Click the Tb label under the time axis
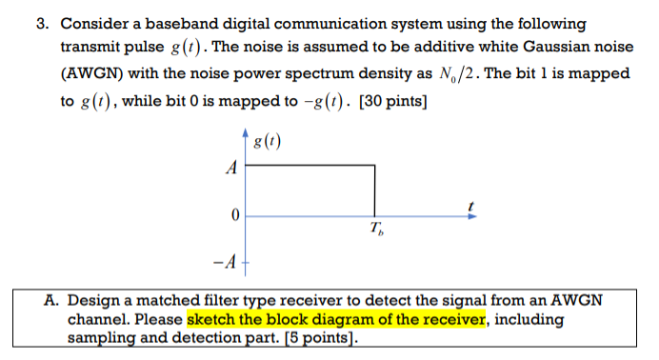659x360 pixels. pyautogui.click(x=378, y=230)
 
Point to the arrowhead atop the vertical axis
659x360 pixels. pyautogui.click(x=248, y=133)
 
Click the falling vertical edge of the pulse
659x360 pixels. pyautogui.click(x=374, y=190)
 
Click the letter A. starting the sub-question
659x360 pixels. pyautogui.click(x=54, y=300)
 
